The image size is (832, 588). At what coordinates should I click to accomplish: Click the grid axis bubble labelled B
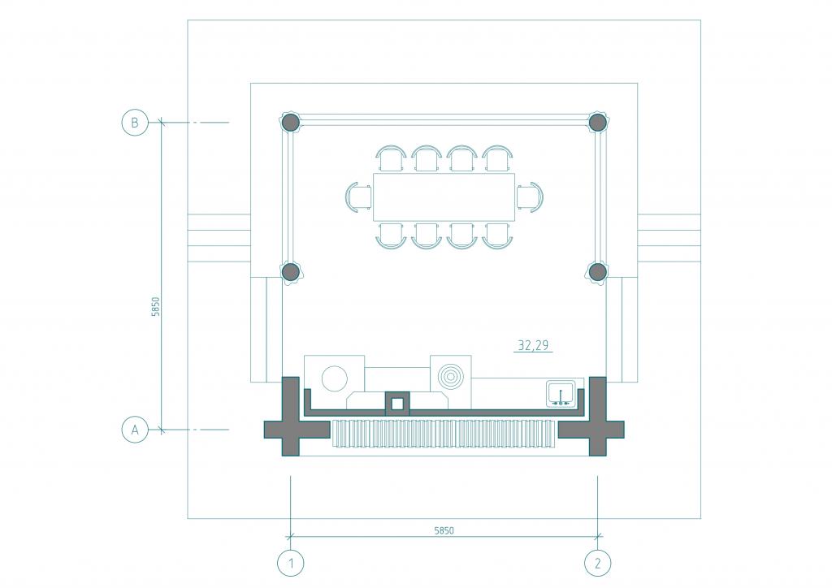(135, 123)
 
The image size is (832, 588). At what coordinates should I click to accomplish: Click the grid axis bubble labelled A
(135, 430)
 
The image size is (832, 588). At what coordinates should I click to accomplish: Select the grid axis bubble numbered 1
(291, 563)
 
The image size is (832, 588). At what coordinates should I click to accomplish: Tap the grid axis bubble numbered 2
(598, 563)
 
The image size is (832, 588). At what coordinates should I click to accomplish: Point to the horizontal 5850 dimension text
(444, 530)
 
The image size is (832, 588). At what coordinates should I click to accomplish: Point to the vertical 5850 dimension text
(155, 306)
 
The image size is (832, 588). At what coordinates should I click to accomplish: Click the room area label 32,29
(533, 345)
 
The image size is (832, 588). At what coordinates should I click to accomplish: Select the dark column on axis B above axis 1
(290, 123)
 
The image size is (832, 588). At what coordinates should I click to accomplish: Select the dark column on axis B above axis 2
(598, 123)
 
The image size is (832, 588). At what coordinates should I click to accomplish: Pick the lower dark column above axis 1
(290, 272)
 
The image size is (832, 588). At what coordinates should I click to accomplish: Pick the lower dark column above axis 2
(598, 272)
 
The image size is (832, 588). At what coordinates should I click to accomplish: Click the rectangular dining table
(444, 197)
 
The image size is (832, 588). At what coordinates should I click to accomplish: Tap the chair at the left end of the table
(358, 197)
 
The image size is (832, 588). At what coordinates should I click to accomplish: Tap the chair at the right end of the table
(530, 197)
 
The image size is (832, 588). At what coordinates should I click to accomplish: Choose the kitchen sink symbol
(561, 395)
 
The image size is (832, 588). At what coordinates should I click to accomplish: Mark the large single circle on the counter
(334, 378)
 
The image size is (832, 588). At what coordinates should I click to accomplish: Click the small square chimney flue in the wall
(396, 404)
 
